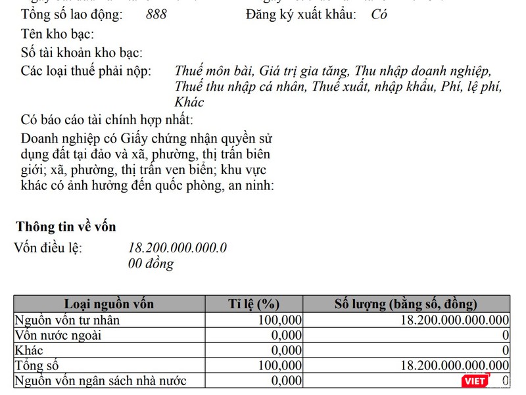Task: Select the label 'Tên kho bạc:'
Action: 57,34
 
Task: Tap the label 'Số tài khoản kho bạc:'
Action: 82,53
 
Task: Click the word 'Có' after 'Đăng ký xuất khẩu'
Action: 379,14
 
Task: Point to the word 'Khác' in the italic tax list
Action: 189,103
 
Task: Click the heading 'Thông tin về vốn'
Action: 66,227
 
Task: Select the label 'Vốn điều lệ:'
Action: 49,248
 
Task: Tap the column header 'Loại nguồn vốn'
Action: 108,304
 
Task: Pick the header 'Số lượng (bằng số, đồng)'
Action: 406,304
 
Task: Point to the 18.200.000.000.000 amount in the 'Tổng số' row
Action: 454,365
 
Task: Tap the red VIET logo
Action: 475,381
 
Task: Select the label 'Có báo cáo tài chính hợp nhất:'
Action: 107,120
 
